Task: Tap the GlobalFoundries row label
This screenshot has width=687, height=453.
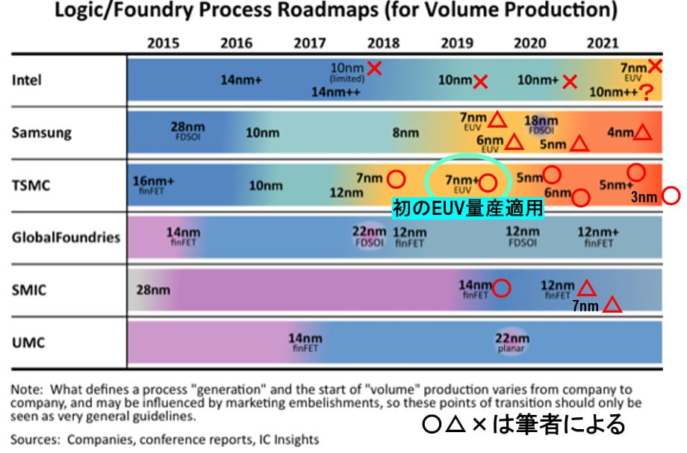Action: (66, 237)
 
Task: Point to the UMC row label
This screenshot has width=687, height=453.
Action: (28, 343)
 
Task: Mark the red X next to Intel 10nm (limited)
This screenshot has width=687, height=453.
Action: (375, 69)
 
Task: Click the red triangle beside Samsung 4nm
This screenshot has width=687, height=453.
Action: (643, 133)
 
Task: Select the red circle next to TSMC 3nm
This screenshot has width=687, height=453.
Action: (671, 196)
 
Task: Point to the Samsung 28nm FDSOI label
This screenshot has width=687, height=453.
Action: (187, 131)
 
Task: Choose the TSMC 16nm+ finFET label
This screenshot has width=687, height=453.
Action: (154, 184)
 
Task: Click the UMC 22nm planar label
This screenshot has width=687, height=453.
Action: (512, 341)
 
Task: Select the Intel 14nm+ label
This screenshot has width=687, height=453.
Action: (240, 81)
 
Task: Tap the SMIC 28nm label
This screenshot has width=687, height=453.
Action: (153, 290)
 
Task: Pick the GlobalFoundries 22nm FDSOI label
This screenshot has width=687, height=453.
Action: (370, 236)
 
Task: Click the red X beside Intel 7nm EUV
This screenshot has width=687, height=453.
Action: (655, 66)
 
